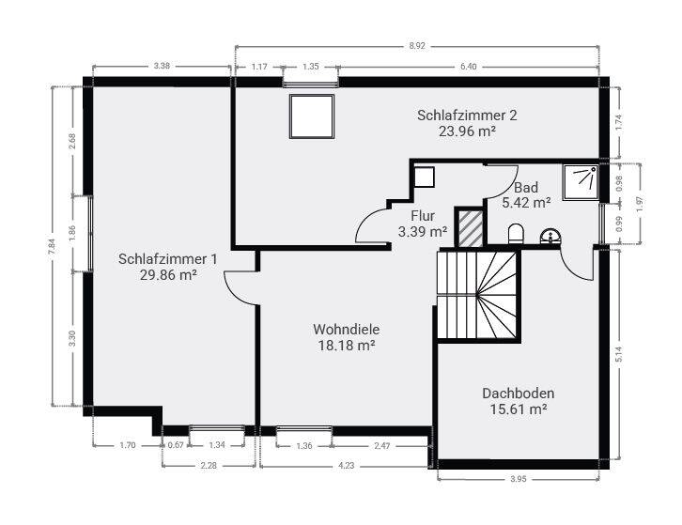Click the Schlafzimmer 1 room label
pyautogui.click(x=169, y=258)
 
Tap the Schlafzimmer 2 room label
pyautogui.click(x=467, y=116)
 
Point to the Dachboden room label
pyautogui.click(x=519, y=394)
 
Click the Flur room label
pyautogui.click(x=422, y=215)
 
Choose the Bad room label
pyautogui.click(x=525, y=187)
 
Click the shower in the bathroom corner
pyautogui.click(x=580, y=180)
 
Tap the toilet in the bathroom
pyautogui.click(x=515, y=233)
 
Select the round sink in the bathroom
pyautogui.click(x=550, y=235)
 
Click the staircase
pyautogui.click(x=478, y=294)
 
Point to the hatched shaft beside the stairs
pyautogui.click(x=469, y=227)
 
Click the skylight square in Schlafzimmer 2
pyautogui.click(x=309, y=116)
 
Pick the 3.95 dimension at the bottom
pyautogui.click(x=518, y=480)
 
